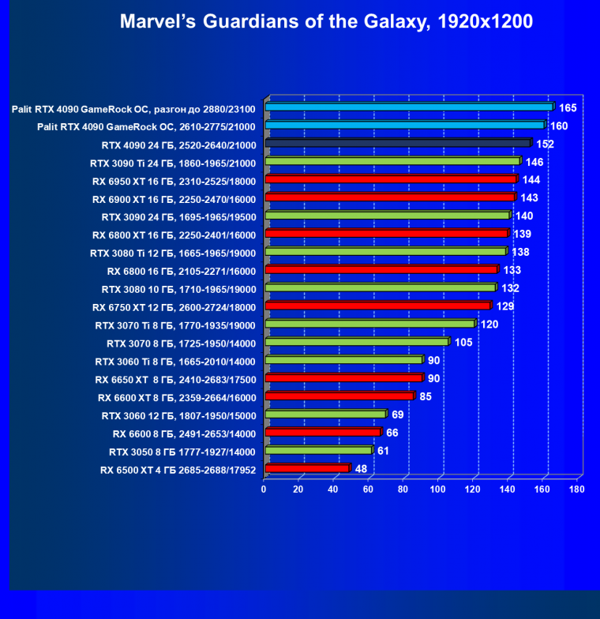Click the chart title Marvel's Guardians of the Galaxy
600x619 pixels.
pos(326,22)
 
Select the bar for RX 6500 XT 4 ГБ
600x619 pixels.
pos(307,469)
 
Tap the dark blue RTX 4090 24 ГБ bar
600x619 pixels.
pos(398,144)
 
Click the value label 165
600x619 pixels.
pos(568,107)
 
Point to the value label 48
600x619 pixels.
pos(361,468)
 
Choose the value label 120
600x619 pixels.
pos(489,324)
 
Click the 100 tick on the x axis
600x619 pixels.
pos(438,490)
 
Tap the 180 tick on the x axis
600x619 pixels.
pos(577,490)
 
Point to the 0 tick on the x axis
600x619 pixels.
pos(264,490)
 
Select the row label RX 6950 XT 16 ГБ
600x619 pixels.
pos(174,181)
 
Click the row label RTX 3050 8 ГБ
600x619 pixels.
pos(182,452)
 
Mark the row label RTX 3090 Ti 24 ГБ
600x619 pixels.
pos(173,163)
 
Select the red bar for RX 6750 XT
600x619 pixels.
pos(378,306)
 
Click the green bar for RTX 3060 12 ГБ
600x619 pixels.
pos(325,415)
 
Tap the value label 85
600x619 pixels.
pos(426,396)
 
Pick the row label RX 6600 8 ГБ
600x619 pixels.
pos(184,433)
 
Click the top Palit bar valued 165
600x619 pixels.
pos(409,107)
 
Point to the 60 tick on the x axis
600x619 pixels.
pos(369,490)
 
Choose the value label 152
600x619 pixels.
pos(545,144)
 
